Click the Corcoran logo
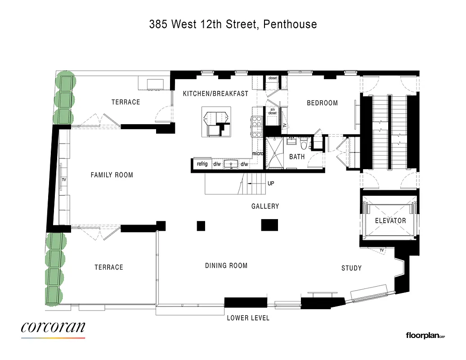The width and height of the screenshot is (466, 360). point(53,328)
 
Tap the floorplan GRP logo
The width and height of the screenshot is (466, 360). point(425,335)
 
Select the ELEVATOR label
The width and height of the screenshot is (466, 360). point(390,220)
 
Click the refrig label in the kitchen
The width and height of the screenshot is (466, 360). point(202,164)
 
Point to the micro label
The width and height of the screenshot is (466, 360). point(257,153)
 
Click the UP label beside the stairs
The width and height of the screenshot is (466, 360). point(271,184)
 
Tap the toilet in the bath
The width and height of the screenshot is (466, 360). point(304,145)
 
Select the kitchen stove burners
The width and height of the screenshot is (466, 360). point(257,126)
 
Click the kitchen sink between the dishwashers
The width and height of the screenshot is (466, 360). point(231,164)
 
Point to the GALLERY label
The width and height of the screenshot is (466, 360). point(265,206)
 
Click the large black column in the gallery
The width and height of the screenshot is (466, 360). point(269,225)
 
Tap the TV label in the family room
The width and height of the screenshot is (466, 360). point(63,180)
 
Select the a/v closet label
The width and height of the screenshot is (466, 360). point(273,111)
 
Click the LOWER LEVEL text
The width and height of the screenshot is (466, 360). point(248,318)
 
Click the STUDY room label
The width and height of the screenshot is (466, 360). point(351,268)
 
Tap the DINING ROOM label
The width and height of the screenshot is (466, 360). point(226,265)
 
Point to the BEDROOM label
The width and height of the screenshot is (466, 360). point(322,103)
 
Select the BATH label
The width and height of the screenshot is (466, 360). point(297,157)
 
